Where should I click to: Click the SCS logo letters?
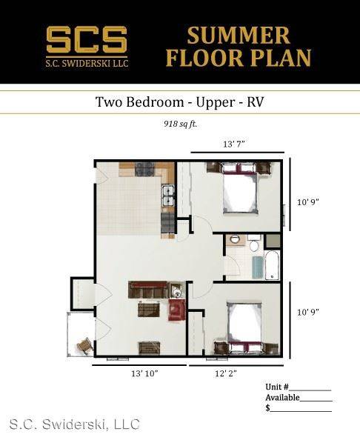(x=87, y=39)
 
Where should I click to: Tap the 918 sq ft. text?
(x=181, y=124)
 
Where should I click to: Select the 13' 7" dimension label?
(x=234, y=144)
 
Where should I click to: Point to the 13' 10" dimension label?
(x=144, y=373)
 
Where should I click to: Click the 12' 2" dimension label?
(x=226, y=373)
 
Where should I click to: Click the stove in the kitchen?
(x=144, y=169)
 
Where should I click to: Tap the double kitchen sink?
(x=168, y=196)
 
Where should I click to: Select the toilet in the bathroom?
(x=254, y=244)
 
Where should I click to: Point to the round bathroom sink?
(x=234, y=240)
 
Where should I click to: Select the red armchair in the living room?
(x=177, y=310)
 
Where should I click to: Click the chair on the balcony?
(x=85, y=346)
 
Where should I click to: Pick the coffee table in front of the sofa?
(x=149, y=309)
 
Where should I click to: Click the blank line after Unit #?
(x=310, y=390)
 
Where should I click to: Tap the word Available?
(x=282, y=398)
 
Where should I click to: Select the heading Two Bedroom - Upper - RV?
(x=180, y=102)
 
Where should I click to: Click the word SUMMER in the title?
(x=239, y=36)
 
